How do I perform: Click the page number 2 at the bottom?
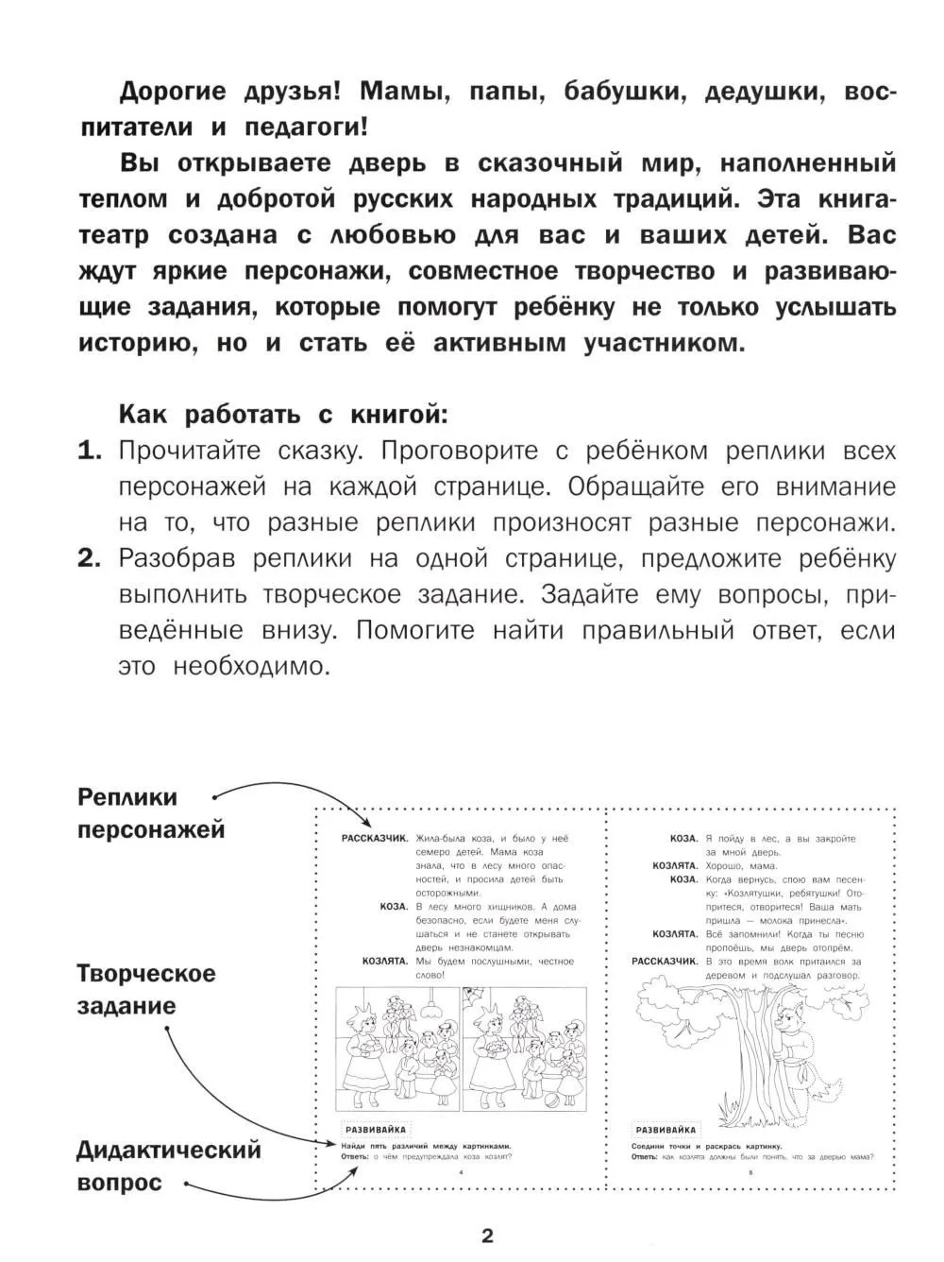click(x=487, y=1236)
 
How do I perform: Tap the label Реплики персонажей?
click(x=151, y=813)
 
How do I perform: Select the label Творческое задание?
click(x=145, y=989)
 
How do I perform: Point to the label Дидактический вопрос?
click(x=168, y=1166)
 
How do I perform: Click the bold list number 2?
click(x=90, y=558)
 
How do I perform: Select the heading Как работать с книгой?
click(x=280, y=414)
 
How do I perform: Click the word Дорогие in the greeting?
click(x=173, y=92)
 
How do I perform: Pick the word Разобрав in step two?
click(x=179, y=558)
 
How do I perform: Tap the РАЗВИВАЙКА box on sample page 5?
click(x=666, y=1129)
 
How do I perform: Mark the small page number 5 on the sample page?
click(x=750, y=1172)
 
